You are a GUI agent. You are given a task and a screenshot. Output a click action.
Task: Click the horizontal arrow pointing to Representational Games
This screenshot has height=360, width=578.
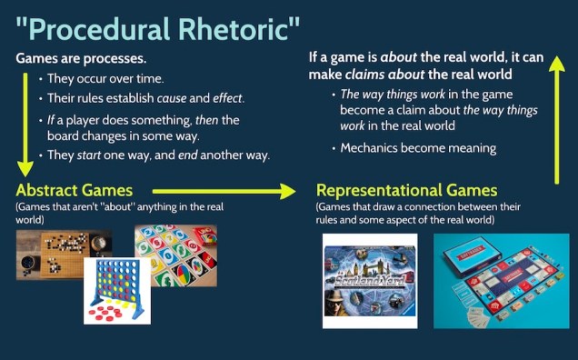tap(223, 191)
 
